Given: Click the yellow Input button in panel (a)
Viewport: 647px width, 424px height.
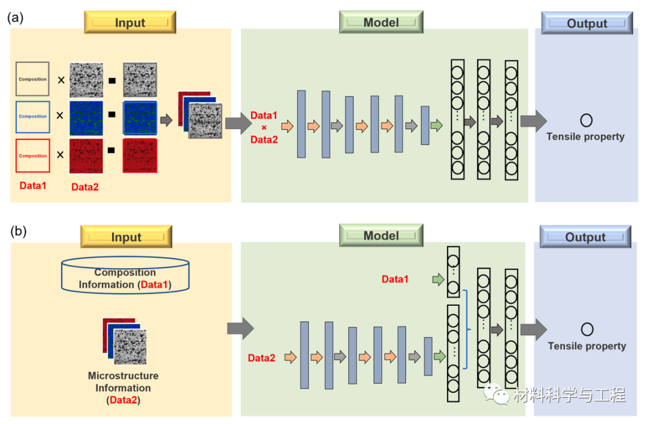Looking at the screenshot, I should (130, 23).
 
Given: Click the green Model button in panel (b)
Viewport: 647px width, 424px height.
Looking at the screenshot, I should (381, 236).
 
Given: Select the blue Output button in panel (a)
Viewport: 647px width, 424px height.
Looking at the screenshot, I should (587, 23).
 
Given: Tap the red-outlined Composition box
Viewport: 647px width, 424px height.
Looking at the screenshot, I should (32, 156).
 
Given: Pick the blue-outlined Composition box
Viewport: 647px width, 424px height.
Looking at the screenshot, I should (32, 117).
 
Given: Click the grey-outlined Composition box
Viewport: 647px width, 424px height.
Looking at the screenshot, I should (32, 79).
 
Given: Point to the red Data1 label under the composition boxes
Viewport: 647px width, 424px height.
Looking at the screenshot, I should (33, 185).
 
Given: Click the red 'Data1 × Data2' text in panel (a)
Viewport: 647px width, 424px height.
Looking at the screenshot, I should (264, 127).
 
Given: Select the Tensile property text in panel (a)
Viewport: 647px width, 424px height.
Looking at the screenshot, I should (585, 137).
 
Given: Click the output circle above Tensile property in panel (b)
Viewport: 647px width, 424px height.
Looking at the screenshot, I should (587, 329).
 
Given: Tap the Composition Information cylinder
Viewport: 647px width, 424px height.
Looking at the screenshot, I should (125, 277).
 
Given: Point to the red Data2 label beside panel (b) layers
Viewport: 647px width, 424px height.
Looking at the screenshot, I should (262, 358).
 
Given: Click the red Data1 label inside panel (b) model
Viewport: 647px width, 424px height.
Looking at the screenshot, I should (395, 279).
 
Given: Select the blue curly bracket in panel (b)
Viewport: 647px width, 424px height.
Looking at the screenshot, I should (465, 329).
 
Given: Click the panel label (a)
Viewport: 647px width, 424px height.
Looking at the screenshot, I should (15, 18).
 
